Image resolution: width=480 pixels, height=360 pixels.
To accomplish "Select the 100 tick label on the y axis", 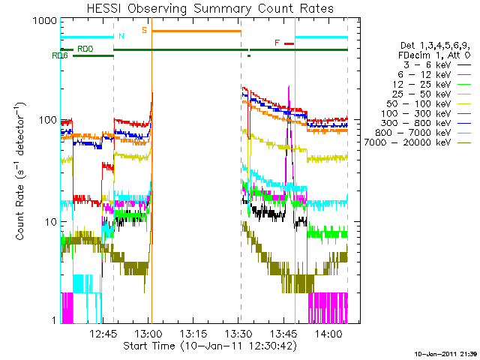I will click(46, 120).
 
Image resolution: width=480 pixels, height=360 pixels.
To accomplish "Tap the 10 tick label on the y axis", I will click(49, 222).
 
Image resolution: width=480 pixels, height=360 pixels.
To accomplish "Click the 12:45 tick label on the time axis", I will click(103, 334).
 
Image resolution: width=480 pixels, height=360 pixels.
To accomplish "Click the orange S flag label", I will click(144, 29).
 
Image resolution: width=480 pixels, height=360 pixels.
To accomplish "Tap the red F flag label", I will click(277, 43).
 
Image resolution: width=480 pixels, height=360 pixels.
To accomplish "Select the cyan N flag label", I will click(121, 35).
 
